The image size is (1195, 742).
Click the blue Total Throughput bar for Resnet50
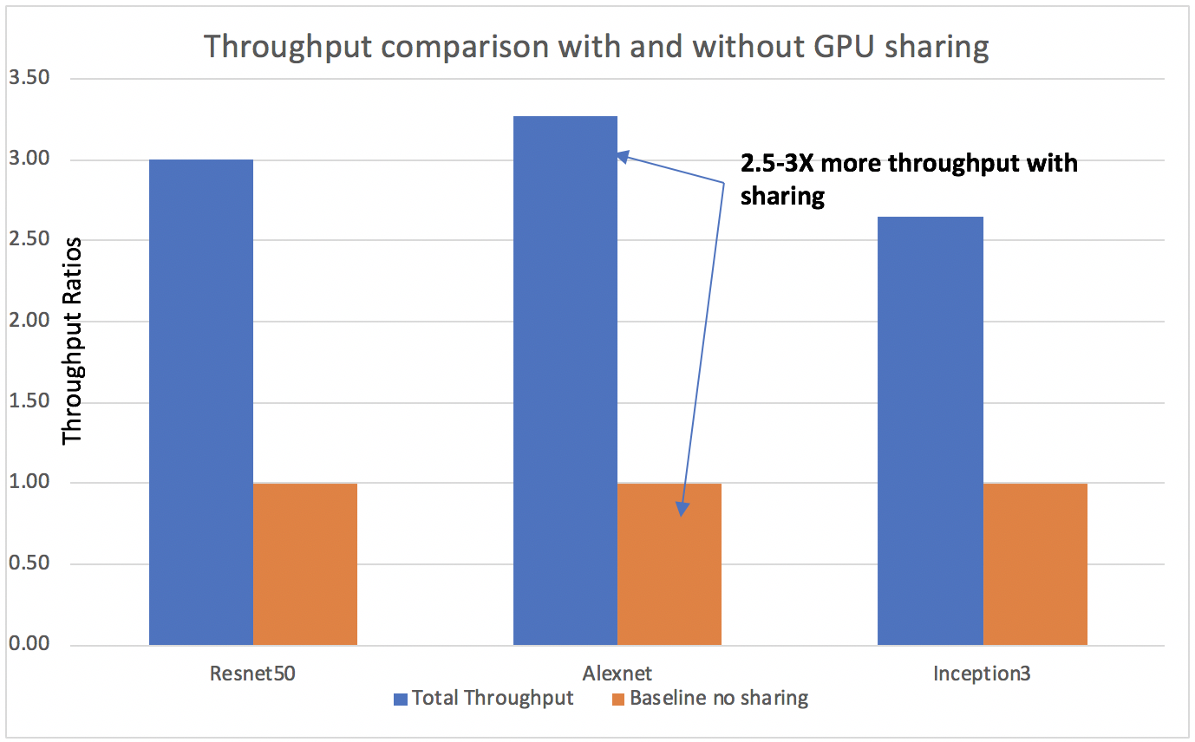coord(201,402)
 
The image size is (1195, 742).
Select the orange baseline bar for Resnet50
coord(305,563)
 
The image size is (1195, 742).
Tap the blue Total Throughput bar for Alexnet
coord(565,381)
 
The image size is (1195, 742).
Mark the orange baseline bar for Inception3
coord(1035,563)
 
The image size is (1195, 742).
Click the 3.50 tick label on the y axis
coord(29,79)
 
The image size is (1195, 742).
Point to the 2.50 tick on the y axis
coord(29,240)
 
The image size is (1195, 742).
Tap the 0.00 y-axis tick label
coord(29,644)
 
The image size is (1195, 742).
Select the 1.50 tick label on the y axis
coord(29,402)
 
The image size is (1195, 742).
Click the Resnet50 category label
coord(252,674)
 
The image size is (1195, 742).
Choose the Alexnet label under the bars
coord(617,674)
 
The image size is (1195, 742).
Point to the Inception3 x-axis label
coord(983,674)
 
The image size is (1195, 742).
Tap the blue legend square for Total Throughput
coord(400,699)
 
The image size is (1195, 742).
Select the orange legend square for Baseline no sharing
coord(618,699)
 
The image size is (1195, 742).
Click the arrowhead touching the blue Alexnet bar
coord(624,157)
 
